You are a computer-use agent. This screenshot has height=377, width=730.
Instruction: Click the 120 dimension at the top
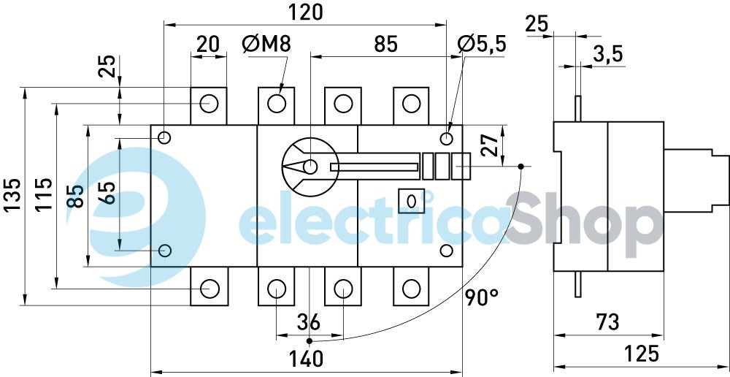[x=305, y=12]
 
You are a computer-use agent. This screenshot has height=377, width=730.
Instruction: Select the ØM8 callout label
[x=266, y=45]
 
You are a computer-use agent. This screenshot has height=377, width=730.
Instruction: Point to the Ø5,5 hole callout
[x=481, y=45]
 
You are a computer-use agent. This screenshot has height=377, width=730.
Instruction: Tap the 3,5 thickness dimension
[x=608, y=55]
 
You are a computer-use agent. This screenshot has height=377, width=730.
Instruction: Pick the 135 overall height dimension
[x=13, y=194]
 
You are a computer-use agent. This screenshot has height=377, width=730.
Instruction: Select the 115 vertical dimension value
[x=45, y=194]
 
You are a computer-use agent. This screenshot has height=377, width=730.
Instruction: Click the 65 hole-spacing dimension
[x=107, y=193]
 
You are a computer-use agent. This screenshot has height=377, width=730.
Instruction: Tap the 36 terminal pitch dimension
[x=309, y=322]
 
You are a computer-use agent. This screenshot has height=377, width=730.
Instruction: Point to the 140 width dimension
[x=305, y=359]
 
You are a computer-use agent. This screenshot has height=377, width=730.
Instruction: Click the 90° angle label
[x=481, y=297]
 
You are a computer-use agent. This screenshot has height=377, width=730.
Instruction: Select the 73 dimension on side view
[x=608, y=322]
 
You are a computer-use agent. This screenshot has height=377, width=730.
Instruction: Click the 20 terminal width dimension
[x=207, y=45]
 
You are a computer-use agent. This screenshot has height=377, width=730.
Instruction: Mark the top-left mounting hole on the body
[x=164, y=138]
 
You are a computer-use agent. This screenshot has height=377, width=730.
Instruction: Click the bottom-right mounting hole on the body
[x=447, y=251]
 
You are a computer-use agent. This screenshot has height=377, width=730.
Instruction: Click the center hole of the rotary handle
[x=310, y=167]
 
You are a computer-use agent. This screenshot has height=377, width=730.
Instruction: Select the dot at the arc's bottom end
[x=309, y=341]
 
